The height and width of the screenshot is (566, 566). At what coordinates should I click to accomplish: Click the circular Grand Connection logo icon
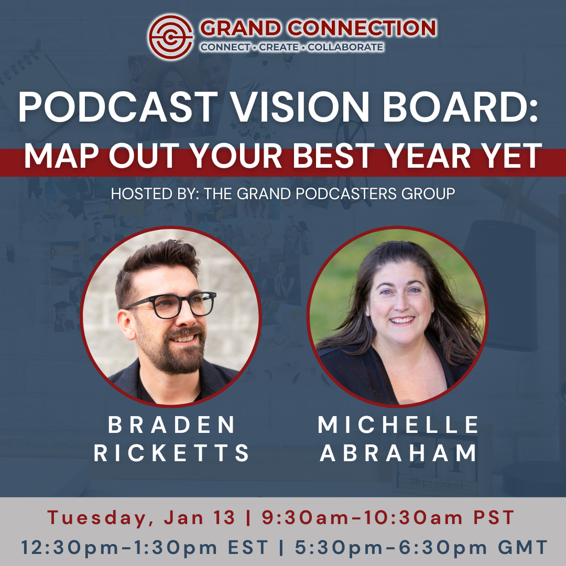pos(170,37)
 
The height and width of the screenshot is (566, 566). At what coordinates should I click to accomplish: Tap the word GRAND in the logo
pos(241,28)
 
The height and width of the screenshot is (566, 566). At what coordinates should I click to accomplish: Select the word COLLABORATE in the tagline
pos(345,47)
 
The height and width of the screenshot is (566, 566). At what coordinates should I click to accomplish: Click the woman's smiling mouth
pos(402,320)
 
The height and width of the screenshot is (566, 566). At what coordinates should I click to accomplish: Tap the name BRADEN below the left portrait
pos(171,425)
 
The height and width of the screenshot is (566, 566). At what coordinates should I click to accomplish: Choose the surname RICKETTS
pos(171,453)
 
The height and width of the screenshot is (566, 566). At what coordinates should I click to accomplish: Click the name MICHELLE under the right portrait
pos(398,424)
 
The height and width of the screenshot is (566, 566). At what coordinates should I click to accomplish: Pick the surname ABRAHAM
pos(398,453)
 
